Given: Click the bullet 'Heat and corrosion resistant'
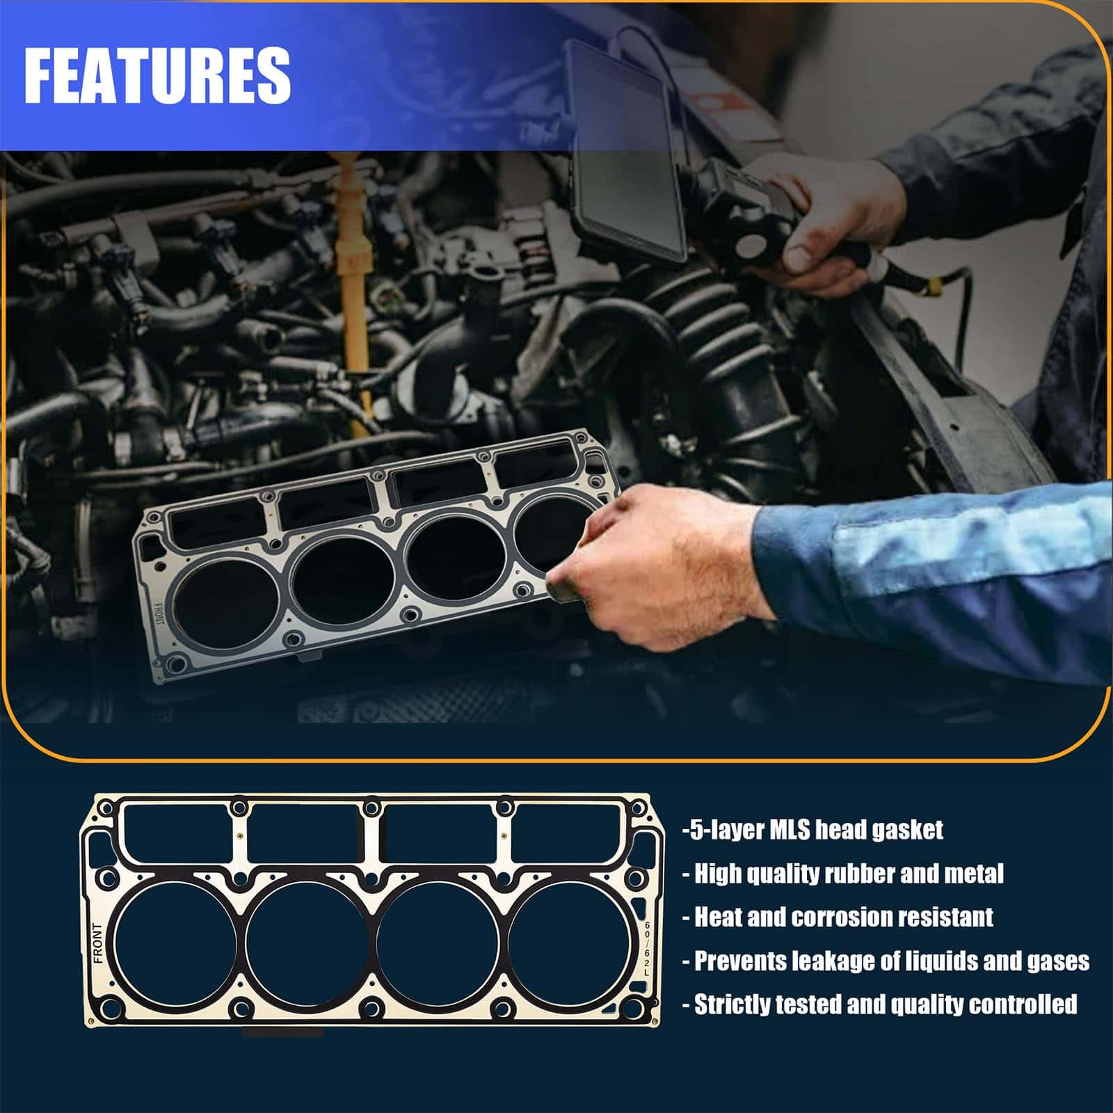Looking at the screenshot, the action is click(x=838, y=917).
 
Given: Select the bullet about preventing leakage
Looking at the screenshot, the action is click(x=886, y=961).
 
